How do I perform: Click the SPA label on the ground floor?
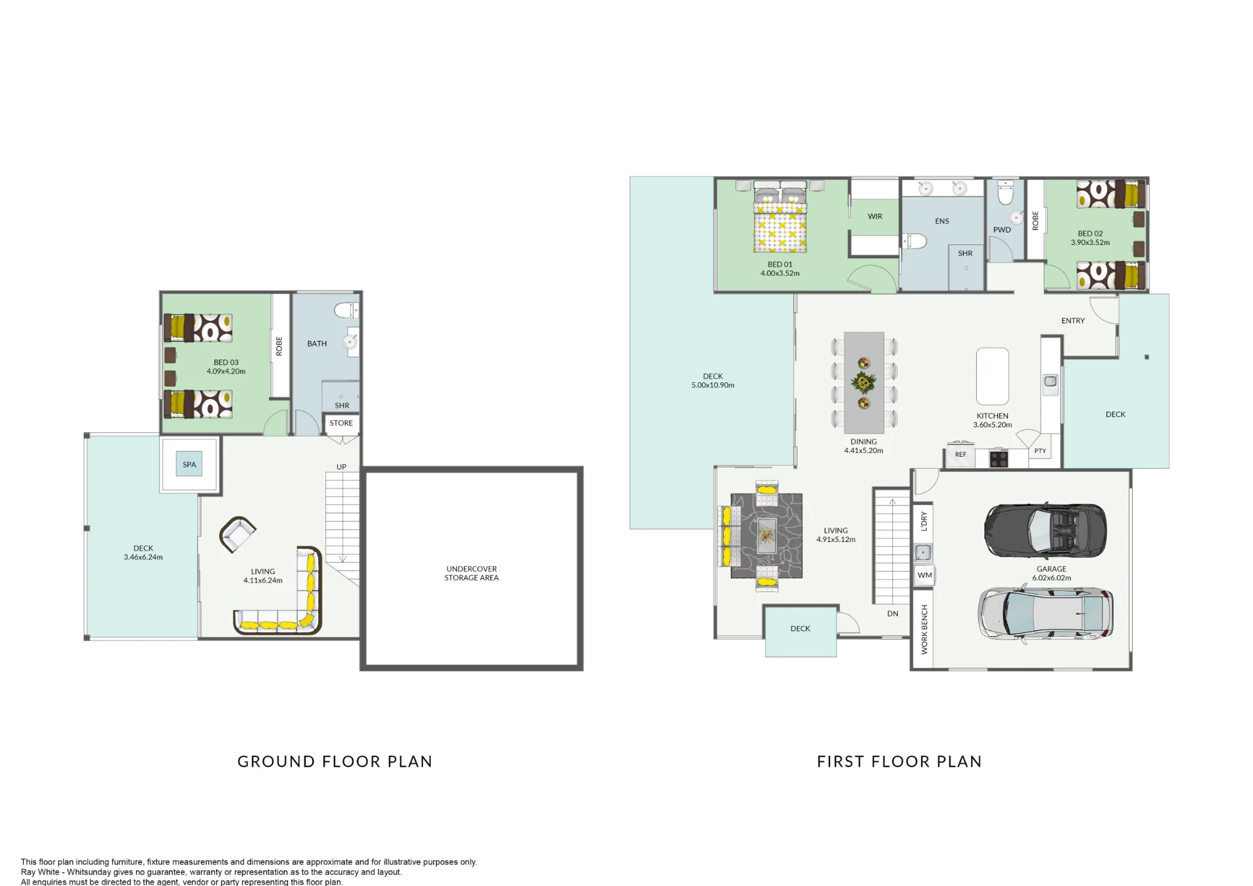(x=189, y=465)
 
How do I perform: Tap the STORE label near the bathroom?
(x=341, y=423)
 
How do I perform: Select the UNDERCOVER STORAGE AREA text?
(x=472, y=573)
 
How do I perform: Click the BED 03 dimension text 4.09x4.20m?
(x=226, y=372)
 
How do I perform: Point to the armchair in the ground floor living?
(x=237, y=534)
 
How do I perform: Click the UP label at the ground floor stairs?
(x=341, y=467)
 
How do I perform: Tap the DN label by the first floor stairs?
(x=893, y=613)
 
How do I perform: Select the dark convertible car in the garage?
(x=1045, y=531)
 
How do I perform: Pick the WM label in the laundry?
(x=925, y=575)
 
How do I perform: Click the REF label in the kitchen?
(x=960, y=455)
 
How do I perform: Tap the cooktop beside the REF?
(x=999, y=459)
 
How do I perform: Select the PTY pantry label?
(x=1040, y=451)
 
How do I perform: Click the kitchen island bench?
(x=992, y=376)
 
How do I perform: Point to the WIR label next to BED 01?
(x=875, y=217)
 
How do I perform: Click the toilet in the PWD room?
(x=1005, y=193)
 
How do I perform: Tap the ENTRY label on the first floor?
(x=1073, y=321)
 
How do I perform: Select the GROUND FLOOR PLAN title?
(x=335, y=761)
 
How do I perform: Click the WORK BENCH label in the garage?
(x=924, y=630)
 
